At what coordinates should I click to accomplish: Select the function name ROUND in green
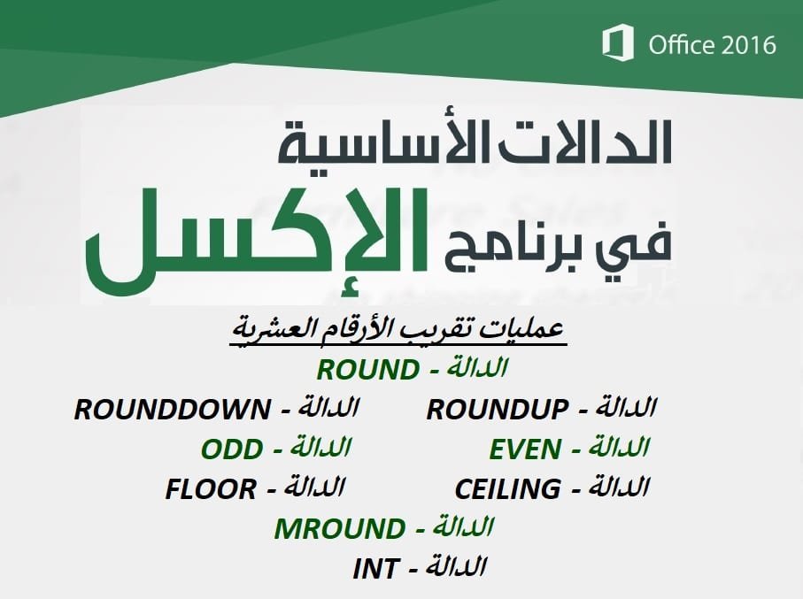pos(367,370)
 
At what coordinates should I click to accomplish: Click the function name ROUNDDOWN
pos(172,410)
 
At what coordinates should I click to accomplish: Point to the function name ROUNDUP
pos(497,410)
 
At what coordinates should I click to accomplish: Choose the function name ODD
pos(231,449)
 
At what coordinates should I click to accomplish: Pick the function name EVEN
pos(524,449)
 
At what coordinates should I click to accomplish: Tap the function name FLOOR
pos(211,489)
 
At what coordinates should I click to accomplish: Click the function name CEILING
pos(507,489)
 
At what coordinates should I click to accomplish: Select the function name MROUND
pos(339,529)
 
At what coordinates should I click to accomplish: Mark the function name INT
pos(375,569)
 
